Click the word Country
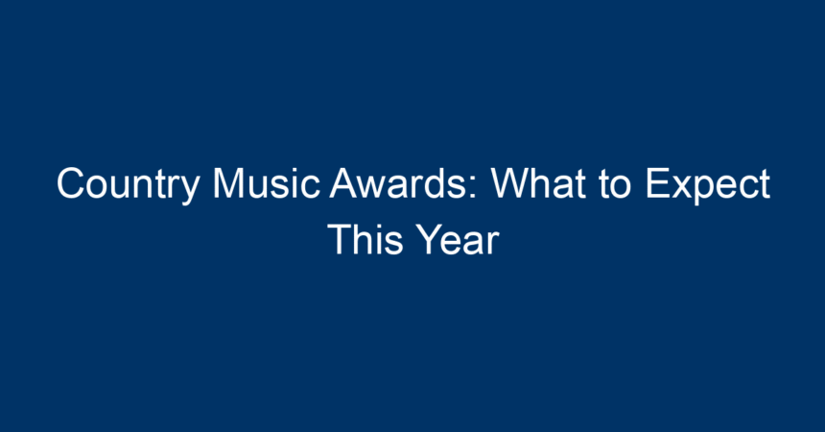[128, 185]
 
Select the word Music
[267, 183]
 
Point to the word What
[538, 183]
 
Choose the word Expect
[708, 185]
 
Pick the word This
[365, 239]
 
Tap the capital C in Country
[70, 183]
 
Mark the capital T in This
[340, 239]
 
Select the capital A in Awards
[344, 183]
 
